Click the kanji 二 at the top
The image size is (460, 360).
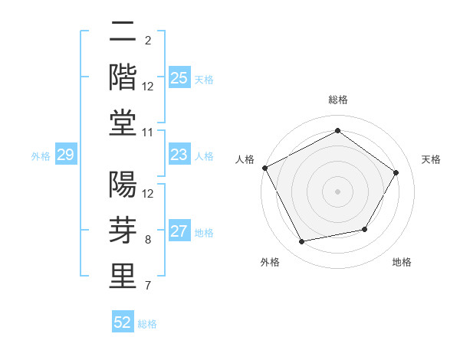tap(123, 32)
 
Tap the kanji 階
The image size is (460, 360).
tap(123, 77)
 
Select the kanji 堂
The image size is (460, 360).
tap(123, 123)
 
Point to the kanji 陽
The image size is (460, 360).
tap(123, 185)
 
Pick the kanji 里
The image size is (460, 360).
tap(123, 276)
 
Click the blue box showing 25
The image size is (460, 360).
tap(179, 78)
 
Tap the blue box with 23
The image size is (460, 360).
tap(179, 155)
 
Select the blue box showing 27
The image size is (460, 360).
tap(179, 232)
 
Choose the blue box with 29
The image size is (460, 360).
tap(65, 155)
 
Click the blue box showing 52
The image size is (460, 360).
tap(123, 322)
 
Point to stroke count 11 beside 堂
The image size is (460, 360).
tap(149, 133)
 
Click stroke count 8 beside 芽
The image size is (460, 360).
tap(147, 241)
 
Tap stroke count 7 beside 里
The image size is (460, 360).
tap(147, 286)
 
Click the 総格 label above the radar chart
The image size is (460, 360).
tap(337, 100)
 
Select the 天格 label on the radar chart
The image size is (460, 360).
tap(431, 159)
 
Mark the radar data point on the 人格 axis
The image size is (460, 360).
tap(265, 168)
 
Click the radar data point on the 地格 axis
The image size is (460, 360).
tap(365, 229)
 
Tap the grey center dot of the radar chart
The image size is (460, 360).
tap(337, 191)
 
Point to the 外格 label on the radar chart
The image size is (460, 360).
tap(270, 262)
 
